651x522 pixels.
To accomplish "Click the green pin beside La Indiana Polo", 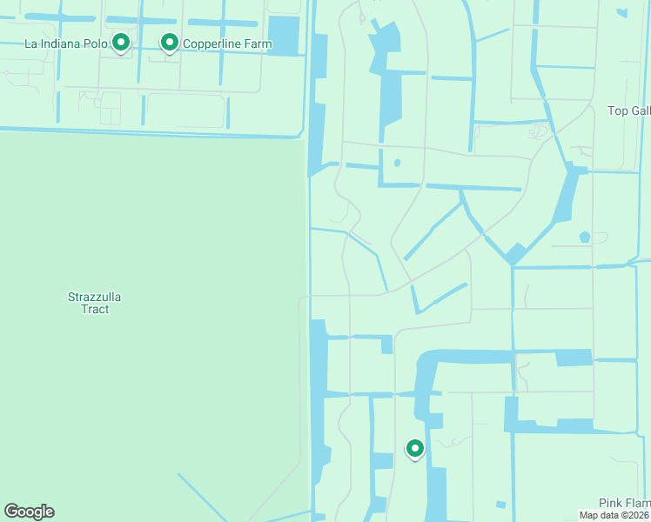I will (x=121, y=42).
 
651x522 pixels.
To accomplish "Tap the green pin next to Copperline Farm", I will (x=169, y=42).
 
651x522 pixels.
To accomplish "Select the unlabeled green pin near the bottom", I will (x=415, y=448).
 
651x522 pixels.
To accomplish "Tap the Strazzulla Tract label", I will (x=95, y=303).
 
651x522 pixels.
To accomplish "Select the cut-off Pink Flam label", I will (x=624, y=503).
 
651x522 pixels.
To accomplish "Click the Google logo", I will (x=29, y=512).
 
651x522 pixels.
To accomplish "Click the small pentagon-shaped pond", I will (x=584, y=237).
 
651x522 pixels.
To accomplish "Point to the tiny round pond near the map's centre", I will (x=397, y=163).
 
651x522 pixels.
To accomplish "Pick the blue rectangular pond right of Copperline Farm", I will (x=283, y=36).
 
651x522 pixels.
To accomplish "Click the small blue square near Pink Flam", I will (x=500, y=504).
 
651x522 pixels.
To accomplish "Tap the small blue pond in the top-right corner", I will (x=621, y=13).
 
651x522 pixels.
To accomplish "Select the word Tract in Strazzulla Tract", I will (x=95, y=309).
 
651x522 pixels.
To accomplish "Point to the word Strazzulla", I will (x=95, y=297).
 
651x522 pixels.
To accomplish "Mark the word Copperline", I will (x=212, y=43).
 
